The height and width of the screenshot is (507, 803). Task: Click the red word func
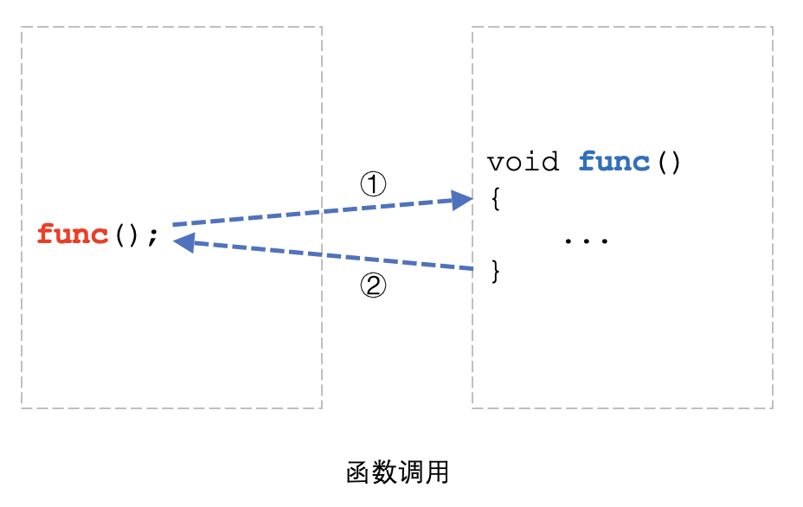click(x=73, y=234)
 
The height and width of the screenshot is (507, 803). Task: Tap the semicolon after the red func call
click(x=153, y=236)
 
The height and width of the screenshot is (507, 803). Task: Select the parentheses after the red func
click(x=125, y=234)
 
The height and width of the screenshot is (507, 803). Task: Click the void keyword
click(x=523, y=163)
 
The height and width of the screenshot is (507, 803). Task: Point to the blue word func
click(x=613, y=162)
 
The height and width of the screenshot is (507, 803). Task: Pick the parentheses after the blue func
click(x=669, y=163)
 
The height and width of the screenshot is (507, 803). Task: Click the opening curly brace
click(x=496, y=199)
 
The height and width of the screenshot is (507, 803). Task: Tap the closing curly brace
click(x=496, y=271)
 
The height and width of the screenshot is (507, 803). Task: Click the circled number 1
click(x=373, y=183)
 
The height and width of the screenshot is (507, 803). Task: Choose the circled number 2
click(x=373, y=286)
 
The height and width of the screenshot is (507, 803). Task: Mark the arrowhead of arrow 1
click(x=464, y=201)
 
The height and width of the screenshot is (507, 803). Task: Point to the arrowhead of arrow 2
click(x=183, y=242)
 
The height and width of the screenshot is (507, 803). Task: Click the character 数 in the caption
click(x=385, y=472)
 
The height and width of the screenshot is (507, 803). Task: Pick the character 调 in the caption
click(x=411, y=472)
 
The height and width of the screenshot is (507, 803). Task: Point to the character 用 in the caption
click(x=437, y=472)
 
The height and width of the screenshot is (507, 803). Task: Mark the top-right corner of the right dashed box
click(x=772, y=27)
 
